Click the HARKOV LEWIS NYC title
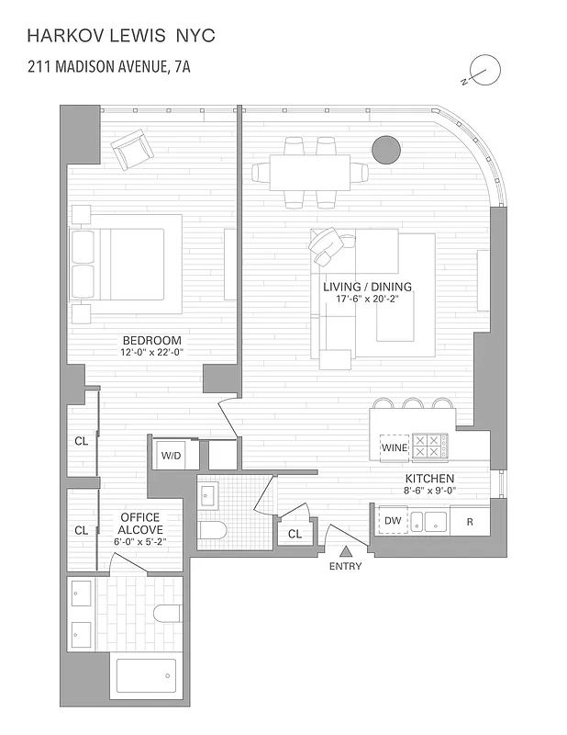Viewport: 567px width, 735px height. tap(122, 36)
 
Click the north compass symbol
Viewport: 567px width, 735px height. tap(483, 70)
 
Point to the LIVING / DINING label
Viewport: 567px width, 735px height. tap(367, 287)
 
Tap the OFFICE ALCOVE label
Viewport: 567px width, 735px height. tap(139, 524)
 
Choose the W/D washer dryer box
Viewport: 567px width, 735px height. tap(171, 455)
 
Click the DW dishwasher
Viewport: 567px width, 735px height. tap(392, 521)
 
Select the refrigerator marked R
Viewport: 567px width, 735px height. tap(470, 521)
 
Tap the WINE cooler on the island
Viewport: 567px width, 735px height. tap(395, 447)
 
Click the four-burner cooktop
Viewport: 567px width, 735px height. tap(428, 447)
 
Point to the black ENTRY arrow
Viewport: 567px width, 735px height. tap(346, 551)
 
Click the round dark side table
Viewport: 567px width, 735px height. tap(385, 149)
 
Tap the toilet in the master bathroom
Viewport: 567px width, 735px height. tap(166, 613)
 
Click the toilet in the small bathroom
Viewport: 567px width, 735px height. tap(213, 531)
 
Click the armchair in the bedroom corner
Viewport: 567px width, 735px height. tap(131, 150)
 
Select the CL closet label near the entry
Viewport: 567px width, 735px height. tap(295, 533)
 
